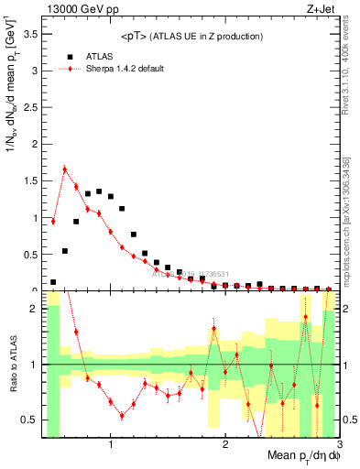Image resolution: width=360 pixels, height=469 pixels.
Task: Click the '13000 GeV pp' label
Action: pos(76,9)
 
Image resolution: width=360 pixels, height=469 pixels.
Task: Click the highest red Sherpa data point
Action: pos(65,169)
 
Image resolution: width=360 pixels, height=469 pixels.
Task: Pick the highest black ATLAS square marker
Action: pos(99,191)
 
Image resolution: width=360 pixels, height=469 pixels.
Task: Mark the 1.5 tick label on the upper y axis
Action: pos(31,180)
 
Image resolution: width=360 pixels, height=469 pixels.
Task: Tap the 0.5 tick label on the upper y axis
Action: pos(31,254)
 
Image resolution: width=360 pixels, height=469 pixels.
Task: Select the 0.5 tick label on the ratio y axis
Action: pos(31,420)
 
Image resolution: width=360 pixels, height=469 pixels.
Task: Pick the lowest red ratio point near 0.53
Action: pos(122,416)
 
